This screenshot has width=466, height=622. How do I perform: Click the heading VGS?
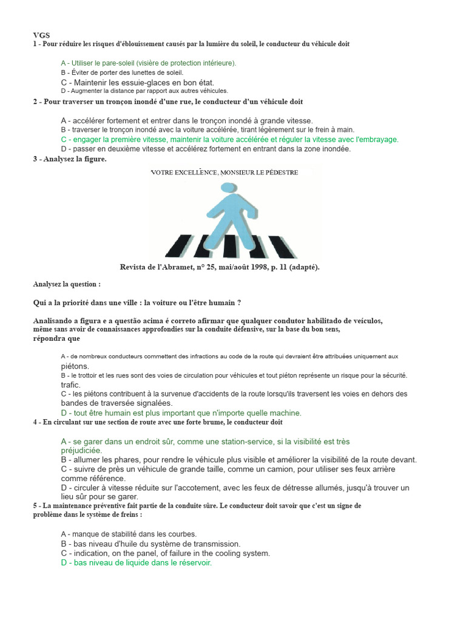[x=41, y=36]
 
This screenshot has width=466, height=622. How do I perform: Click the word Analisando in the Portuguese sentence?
[x=52, y=321]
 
